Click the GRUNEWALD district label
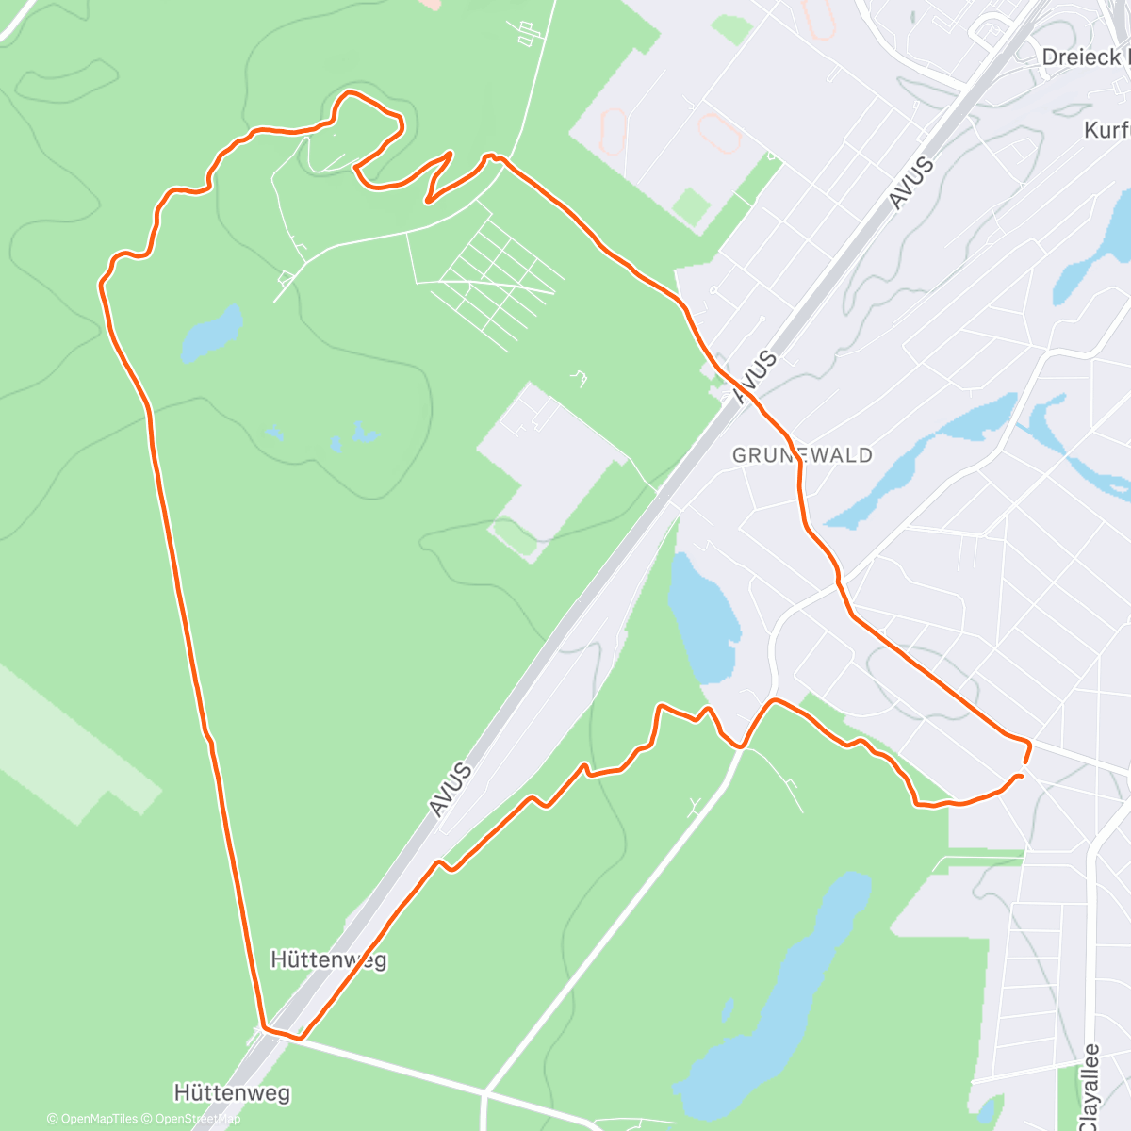[802, 455]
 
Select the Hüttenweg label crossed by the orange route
[328, 959]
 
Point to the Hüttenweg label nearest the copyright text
[232, 1093]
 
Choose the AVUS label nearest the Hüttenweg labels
[450, 788]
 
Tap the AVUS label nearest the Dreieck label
[910, 183]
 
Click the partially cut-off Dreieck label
[1085, 57]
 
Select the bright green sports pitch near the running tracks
[693, 207]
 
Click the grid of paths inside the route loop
[495, 273]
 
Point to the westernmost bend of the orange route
[101, 281]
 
